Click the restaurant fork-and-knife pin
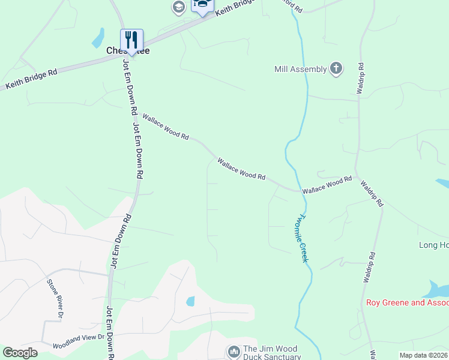[132, 40]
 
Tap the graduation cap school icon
[178, 7]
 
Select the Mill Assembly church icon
[336, 68]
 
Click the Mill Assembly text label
[300, 70]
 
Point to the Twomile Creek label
[303, 238]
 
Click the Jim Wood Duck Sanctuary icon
[234, 350]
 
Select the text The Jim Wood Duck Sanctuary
[270, 353]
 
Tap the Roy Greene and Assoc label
[407, 302]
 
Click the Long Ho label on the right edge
[433, 245]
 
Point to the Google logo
[20, 353]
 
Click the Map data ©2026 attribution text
[423, 355]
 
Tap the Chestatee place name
[127, 51]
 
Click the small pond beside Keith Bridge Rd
[98, 38]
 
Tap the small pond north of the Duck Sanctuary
[190, 301]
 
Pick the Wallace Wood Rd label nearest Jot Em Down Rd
[166, 127]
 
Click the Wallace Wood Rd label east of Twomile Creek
[327, 184]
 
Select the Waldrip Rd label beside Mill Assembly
[360, 79]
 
